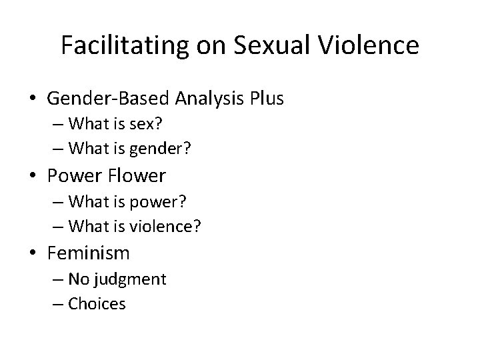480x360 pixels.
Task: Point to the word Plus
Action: [x=267, y=99]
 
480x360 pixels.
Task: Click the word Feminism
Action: [x=89, y=253]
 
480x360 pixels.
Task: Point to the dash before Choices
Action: [x=58, y=304]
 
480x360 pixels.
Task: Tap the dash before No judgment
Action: [x=58, y=279]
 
